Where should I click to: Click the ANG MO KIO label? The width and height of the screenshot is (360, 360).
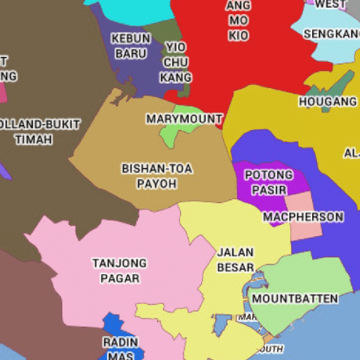point(238,20)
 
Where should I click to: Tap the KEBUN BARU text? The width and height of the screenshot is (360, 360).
point(131,46)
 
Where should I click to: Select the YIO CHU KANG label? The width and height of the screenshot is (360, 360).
point(175,62)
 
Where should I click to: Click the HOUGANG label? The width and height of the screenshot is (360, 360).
point(328,101)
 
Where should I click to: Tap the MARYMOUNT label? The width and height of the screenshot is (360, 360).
point(184,119)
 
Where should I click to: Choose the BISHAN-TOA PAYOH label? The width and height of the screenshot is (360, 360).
point(157,176)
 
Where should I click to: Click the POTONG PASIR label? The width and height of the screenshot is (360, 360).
point(268,182)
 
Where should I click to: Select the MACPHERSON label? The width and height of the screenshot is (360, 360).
point(303,217)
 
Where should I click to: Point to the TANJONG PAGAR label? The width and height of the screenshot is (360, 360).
point(120,270)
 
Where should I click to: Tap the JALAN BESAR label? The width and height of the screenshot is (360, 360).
point(236,259)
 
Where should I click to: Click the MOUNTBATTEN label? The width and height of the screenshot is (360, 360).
point(295,298)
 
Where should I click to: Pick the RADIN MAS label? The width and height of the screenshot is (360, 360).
point(121,348)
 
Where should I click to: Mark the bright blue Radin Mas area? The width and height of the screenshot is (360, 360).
point(112,327)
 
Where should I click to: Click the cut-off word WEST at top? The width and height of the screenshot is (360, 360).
point(330,4)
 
